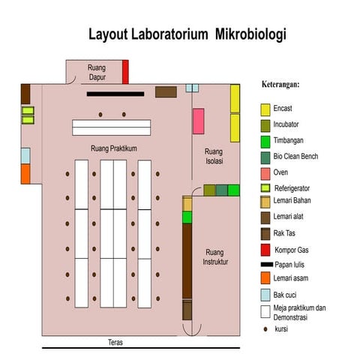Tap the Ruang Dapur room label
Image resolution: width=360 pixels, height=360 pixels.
(x=97, y=73)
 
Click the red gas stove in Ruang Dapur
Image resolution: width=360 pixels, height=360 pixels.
(x=125, y=72)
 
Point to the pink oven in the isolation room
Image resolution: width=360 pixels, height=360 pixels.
(x=198, y=121)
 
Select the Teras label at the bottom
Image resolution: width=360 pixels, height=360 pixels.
(x=115, y=342)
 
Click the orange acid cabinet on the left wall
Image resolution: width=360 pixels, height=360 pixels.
(x=25, y=174)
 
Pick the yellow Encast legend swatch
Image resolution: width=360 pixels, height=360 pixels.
(x=265, y=109)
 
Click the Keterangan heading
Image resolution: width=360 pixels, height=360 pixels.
(x=286, y=84)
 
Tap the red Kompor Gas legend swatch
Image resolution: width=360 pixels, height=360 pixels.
(x=265, y=250)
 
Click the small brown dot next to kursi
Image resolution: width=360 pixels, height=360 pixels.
(x=265, y=328)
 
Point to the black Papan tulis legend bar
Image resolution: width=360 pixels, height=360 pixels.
(x=265, y=265)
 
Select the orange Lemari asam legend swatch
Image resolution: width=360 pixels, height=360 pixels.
(x=265, y=280)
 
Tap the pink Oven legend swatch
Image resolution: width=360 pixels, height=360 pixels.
(x=265, y=172)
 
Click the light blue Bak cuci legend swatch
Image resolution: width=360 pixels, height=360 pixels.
(x=265, y=295)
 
